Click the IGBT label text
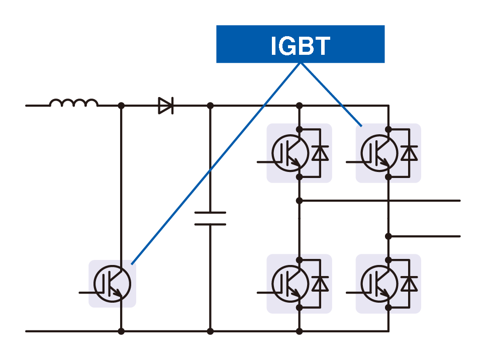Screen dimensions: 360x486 [x=300, y=46]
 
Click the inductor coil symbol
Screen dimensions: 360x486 [x=74, y=103]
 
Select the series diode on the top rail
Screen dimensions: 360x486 [x=165, y=106]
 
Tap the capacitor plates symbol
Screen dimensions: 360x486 [x=210, y=218]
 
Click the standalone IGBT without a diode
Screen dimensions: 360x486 [x=113, y=284]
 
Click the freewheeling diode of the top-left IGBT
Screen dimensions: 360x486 [x=320, y=153]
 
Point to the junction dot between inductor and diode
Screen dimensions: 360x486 [x=121, y=106]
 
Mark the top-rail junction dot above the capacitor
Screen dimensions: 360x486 [x=210, y=106]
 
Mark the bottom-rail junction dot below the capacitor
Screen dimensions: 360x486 [x=210, y=331]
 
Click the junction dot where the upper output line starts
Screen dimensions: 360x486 [x=300, y=201]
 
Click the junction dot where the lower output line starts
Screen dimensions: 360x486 [x=388, y=236]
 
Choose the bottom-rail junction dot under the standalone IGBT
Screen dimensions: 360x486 [x=121, y=331]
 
